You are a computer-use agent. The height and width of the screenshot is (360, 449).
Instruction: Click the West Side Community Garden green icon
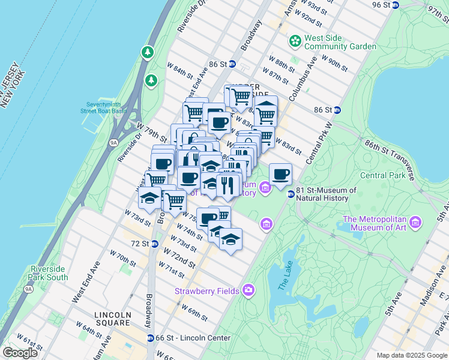(295, 41)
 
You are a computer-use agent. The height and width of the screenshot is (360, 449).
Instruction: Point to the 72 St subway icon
(154, 244)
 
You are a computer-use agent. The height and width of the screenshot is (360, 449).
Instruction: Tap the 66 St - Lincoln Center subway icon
(151, 338)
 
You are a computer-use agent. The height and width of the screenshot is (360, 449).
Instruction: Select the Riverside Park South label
(47, 274)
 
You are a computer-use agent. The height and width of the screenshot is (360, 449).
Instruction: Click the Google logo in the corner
(20, 353)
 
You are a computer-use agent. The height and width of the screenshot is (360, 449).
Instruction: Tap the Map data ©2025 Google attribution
(412, 355)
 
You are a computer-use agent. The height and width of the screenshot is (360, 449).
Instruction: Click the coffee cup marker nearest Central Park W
(280, 174)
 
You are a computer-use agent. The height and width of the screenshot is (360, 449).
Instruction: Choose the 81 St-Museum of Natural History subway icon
(291, 194)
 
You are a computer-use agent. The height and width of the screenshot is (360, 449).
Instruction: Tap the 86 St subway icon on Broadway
(232, 64)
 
